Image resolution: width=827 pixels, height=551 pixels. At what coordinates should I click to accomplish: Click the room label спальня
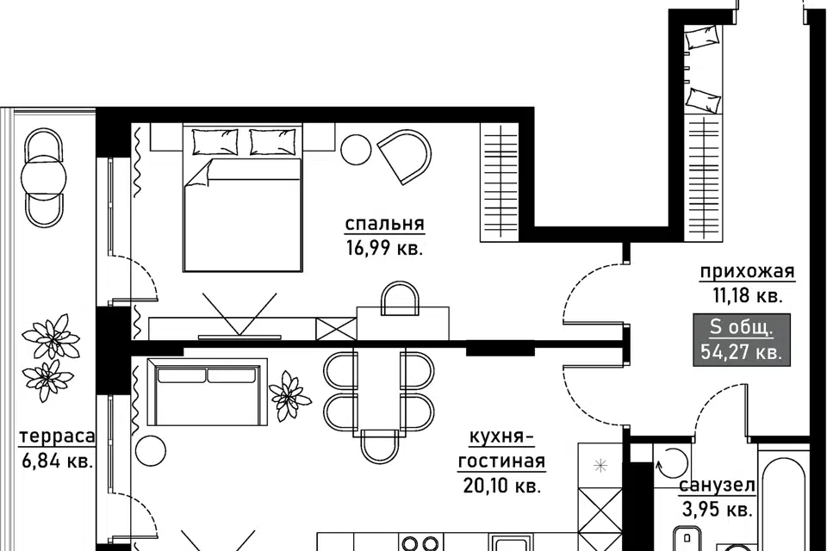pos(384,225)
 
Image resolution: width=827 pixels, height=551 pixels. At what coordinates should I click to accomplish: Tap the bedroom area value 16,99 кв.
pos(384,247)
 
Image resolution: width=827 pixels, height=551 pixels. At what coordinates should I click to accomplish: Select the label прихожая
pos(747,271)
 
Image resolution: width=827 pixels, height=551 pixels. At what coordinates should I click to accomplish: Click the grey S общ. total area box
pos(742,340)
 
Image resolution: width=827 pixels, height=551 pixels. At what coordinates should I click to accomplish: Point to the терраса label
pos(57,437)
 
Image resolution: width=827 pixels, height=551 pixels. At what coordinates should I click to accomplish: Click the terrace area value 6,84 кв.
pos(58,461)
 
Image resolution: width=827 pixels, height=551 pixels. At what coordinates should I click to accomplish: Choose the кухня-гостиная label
pos(501,449)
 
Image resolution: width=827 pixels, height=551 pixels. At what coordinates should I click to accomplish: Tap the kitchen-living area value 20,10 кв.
pos(502,485)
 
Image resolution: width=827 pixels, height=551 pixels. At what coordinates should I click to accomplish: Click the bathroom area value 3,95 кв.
pos(717,510)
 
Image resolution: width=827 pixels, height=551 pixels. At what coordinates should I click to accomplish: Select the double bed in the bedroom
pos(243,198)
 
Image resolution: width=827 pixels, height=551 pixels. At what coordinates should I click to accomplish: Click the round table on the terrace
pos(44,177)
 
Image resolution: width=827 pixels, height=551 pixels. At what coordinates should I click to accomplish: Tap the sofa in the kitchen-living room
pos(208,392)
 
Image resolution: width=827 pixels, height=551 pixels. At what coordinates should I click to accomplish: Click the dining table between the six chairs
pos(379,392)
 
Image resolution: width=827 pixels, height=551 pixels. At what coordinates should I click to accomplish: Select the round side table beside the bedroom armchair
pos(357,151)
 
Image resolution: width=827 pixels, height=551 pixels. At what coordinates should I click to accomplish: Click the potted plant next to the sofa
pos(289,395)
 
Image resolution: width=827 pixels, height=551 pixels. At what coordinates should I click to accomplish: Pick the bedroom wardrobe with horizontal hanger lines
pos(499,183)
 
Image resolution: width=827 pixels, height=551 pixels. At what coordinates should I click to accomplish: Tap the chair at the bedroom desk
pos(401,299)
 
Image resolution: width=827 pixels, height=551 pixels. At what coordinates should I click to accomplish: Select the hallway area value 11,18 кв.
pos(748,296)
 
